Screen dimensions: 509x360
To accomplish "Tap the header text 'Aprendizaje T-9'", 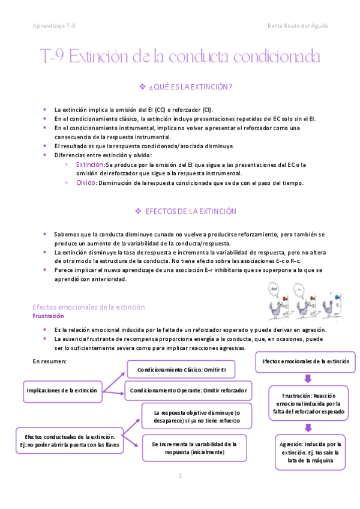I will pos(54,26).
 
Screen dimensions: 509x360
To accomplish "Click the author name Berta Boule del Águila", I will pos(298,26).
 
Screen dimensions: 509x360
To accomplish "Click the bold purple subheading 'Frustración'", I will pos(48,316).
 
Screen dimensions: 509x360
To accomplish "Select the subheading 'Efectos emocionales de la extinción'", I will pos(88,307).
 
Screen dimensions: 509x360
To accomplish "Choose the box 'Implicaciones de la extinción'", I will pos(61,390).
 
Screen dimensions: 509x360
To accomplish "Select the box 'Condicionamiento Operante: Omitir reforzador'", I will pos(188,390).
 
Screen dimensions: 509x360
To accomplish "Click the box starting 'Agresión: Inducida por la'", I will pos(310,452).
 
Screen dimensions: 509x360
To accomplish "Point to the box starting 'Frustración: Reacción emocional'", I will pos(310,404).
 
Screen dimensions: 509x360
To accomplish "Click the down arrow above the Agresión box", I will pos(308,427).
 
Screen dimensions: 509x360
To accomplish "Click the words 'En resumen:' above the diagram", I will pos(49,361).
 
